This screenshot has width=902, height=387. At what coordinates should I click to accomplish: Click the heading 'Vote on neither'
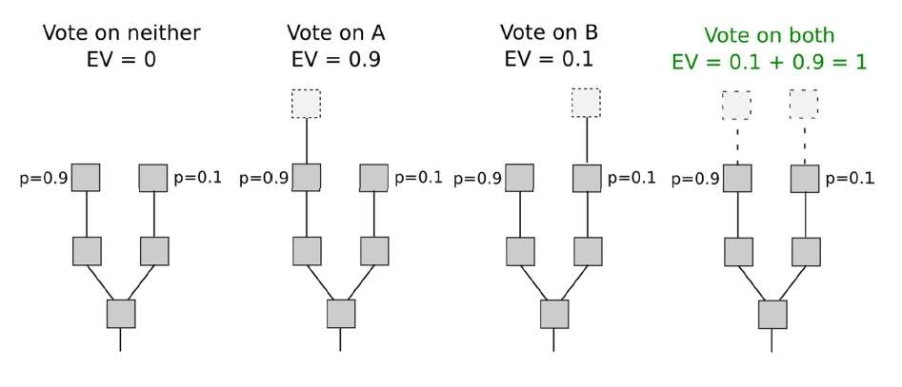coord(121,32)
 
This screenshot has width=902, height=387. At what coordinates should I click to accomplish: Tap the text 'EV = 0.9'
coord(336,60)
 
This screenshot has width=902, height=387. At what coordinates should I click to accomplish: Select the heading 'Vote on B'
coord(549,32)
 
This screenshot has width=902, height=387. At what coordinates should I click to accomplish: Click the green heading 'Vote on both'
coord(769,35)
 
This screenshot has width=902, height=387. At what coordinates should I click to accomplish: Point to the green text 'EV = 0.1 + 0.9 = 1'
coord(769,62)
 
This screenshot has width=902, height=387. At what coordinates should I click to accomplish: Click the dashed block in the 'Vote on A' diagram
coord(306,104)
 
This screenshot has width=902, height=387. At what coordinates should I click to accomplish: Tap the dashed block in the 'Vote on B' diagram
coord(586,103)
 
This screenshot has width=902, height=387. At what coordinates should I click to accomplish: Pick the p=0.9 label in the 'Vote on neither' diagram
coord(44,179)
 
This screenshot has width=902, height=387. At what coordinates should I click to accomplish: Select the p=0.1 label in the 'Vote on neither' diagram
coord(197,178)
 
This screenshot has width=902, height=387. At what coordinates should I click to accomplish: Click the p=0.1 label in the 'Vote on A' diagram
coord(418,178)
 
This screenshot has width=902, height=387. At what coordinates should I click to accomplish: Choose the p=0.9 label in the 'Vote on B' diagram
coord(477,179)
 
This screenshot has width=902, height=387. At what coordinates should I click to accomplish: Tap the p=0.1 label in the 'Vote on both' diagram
coord(850,179)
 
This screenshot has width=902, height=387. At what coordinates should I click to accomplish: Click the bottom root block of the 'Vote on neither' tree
coord(121,314)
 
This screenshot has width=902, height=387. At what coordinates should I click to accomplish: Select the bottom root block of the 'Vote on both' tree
coord(772,314)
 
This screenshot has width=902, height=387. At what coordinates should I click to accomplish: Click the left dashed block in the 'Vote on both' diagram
coord(736,106)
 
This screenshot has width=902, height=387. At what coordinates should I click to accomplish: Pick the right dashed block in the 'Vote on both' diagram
coord(804,104)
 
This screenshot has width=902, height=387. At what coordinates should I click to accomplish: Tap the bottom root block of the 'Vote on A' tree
coord(341,314)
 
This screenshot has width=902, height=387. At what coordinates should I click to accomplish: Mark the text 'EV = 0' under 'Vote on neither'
coord(121,60)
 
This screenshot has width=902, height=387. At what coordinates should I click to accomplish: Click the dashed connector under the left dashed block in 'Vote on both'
coord(737,142)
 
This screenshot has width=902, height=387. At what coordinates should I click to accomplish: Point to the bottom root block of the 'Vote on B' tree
coord(554,314)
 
